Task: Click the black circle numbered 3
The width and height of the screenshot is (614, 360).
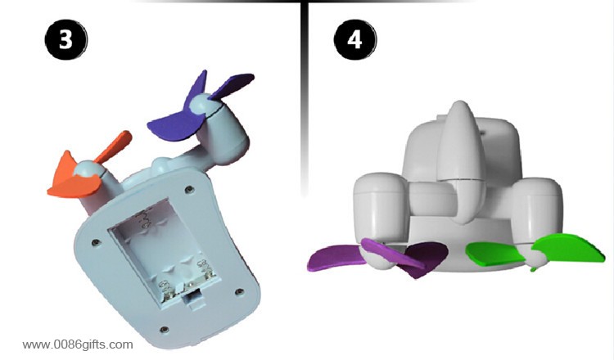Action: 66,39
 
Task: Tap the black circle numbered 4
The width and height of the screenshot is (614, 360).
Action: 354,39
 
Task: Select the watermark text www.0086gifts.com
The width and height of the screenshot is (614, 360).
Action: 78,344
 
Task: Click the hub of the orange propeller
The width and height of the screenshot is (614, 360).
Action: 87,170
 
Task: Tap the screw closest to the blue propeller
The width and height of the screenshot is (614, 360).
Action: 190,189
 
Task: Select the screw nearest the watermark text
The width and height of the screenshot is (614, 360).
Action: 165,330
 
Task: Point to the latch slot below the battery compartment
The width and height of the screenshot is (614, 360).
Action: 192,298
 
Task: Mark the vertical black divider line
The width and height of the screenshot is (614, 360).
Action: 305,98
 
